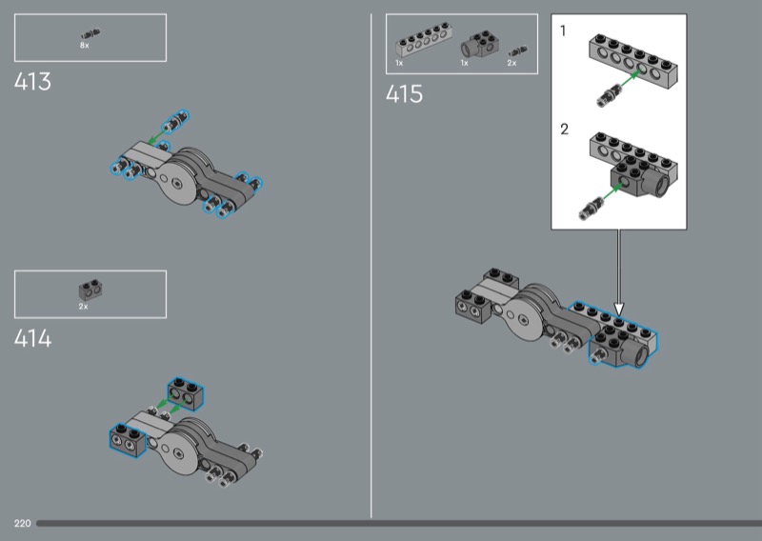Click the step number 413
pos(32,82)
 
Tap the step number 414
pos(32,338)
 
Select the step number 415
pos(404,93)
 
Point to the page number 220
pos(22,524)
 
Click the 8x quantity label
pos(85,45)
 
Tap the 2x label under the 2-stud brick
pos(84,307)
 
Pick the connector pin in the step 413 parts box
pos(90,34)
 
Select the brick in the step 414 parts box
pos(90,291)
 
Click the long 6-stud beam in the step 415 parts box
pos(424,41)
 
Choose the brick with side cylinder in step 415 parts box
pos(481,45)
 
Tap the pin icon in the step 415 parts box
pos(517,51)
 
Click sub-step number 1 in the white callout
pos(563,31)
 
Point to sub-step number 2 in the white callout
pos(564,130)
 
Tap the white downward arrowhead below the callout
pos(618,309)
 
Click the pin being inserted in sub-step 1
pos(609,95)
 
